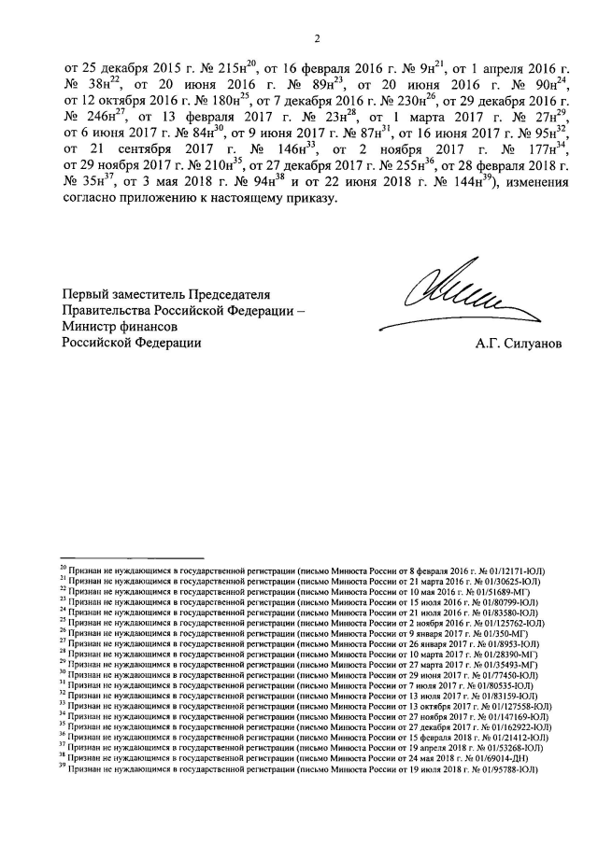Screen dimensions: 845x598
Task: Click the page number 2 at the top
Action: [318, 38]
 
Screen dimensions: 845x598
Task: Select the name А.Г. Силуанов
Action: [519, 343]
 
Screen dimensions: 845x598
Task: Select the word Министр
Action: [90, 327]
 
